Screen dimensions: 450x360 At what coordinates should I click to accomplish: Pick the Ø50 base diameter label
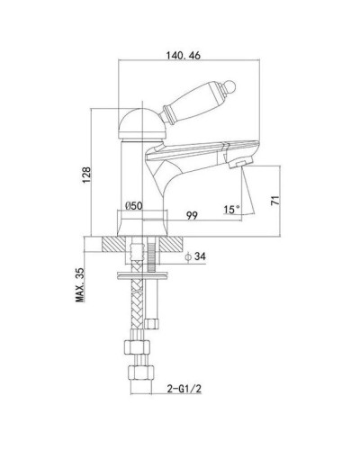tap(134, 207)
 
